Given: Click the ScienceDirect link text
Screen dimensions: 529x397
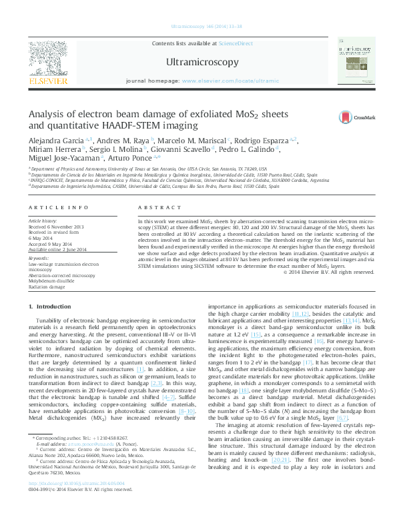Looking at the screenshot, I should coord(236,43).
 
